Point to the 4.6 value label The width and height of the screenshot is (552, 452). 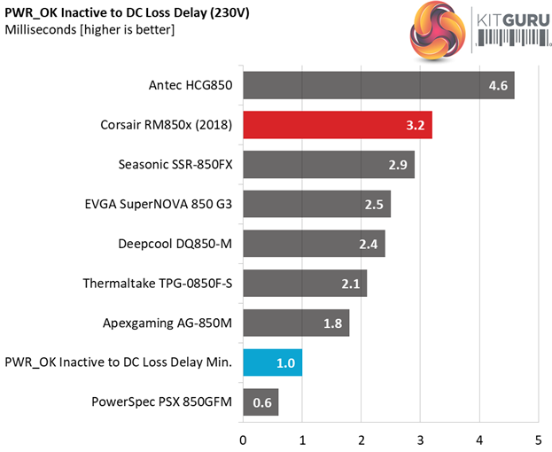point(498,86)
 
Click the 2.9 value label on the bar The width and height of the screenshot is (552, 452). point(398,165)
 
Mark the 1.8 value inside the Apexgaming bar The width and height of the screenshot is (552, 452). point(333,323)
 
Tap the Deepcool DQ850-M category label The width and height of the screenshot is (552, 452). point(175,244)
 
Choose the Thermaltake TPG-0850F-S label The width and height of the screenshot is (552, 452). point(157,284)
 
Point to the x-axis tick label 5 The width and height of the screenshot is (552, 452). point(538,440)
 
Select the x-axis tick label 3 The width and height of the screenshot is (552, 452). point(420,440)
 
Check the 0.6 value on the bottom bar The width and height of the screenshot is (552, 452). point(262,402)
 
